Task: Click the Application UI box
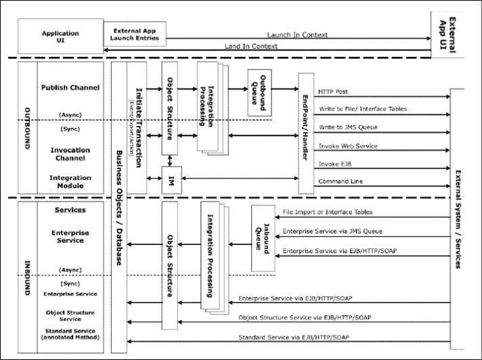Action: pos(60,37)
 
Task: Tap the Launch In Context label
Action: pos(297,35)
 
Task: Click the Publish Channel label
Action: pos(70,87)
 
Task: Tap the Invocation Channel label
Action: pos(70,154)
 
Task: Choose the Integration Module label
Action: pos(70,181)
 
